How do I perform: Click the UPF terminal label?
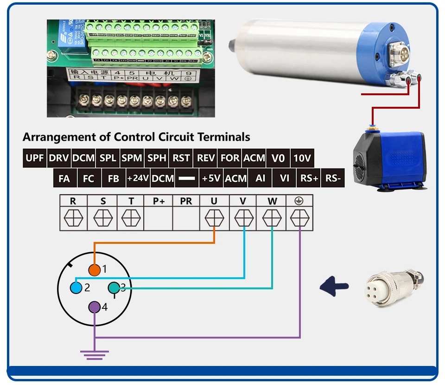pyautogui.click(x=35, y=158)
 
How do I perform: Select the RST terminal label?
pyautogui.click(x=181, y=158)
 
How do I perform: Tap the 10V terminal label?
pyautogui.click(x=302, y=158)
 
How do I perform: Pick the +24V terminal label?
pyautogui.click(x=138, y=178)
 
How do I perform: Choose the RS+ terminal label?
pyautogui.click(x=309, y=178)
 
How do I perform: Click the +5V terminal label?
pyautogui.click(x=211, y=178)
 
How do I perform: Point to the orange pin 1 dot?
pyautogui.click(x=94, y=269)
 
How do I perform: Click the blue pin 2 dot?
pyautogui.click(x=76, y=287)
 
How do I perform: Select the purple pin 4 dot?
pyautogui.click(x=94, y=307)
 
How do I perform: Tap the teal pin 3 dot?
pyautogui.click(x=114, y=288)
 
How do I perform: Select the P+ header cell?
pyautogui.click(x=159, y=201)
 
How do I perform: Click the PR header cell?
pyautogui.click(x=186, y=201)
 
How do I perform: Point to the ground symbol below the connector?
pyautogui.click(x=94, y=354)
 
